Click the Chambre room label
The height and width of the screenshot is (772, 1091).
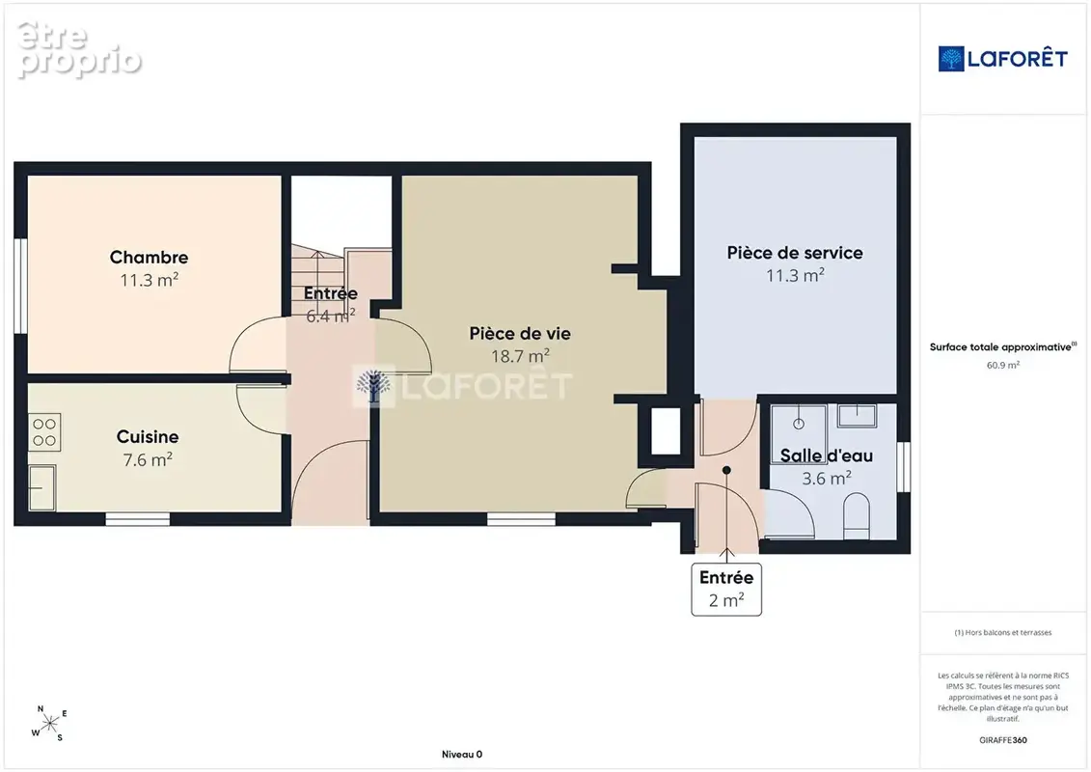point(149,257)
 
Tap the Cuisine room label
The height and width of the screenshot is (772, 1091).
point(148,436)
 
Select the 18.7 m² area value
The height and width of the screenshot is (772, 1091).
point(521,356)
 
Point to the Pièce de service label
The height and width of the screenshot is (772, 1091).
point(795,253)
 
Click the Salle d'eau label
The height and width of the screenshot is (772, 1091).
point(827,455)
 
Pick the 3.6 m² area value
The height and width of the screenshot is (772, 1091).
point(827,479)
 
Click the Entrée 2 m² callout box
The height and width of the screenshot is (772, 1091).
point(726,589)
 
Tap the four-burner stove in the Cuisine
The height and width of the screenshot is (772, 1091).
point(44,432)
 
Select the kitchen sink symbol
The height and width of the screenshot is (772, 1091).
point(42,488)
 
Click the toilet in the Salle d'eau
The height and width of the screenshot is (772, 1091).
point(857,516)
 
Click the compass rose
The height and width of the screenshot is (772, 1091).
point(49,724)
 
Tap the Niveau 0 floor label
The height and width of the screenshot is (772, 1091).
point(462,755)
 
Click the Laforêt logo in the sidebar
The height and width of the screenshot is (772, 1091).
point(1002,59)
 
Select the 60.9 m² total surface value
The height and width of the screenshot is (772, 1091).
point(1002,365)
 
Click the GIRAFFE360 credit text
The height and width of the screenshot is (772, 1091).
point(1002,740)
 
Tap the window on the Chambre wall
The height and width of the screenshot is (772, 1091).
point(21,286)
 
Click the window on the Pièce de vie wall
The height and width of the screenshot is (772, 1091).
point(521,518)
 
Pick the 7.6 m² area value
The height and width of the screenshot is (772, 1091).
point(148,459)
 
